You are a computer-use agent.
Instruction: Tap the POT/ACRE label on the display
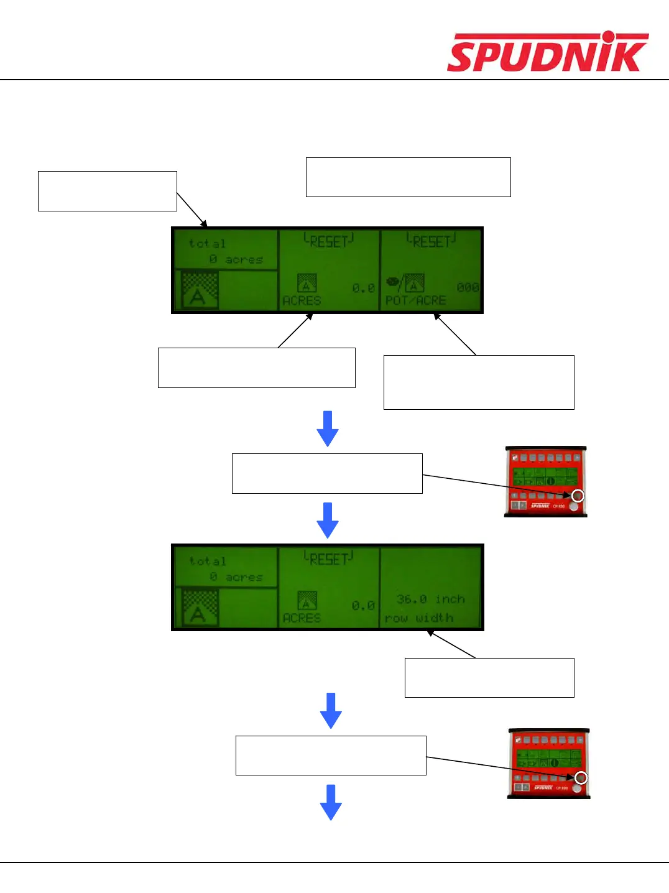[415, 300]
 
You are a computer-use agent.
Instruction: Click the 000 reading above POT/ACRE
[468, 287]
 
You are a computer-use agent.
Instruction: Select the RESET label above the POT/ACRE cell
[431, 241]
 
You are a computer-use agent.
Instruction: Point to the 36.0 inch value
[430, 599]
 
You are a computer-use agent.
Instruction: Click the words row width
[418, 618]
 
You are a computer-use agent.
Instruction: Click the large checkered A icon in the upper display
[200, 290]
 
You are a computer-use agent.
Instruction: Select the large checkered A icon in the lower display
[200, 607]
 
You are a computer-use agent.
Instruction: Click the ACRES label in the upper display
[302, 300]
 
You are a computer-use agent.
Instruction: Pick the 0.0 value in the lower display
[363, 605]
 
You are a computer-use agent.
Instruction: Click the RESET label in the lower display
[328, 558]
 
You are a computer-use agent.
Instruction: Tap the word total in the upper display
[208, 243]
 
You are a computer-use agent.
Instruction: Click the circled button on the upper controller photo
[578, 496]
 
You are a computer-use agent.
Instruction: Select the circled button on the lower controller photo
[581, 778]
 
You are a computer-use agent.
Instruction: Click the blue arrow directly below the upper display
[328, 428]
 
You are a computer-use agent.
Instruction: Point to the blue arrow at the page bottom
[331, 802]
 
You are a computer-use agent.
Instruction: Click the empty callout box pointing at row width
[489, 677]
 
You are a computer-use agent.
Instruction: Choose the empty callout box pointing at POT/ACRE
[478, 382]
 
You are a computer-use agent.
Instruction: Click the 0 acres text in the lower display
[236, 577]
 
